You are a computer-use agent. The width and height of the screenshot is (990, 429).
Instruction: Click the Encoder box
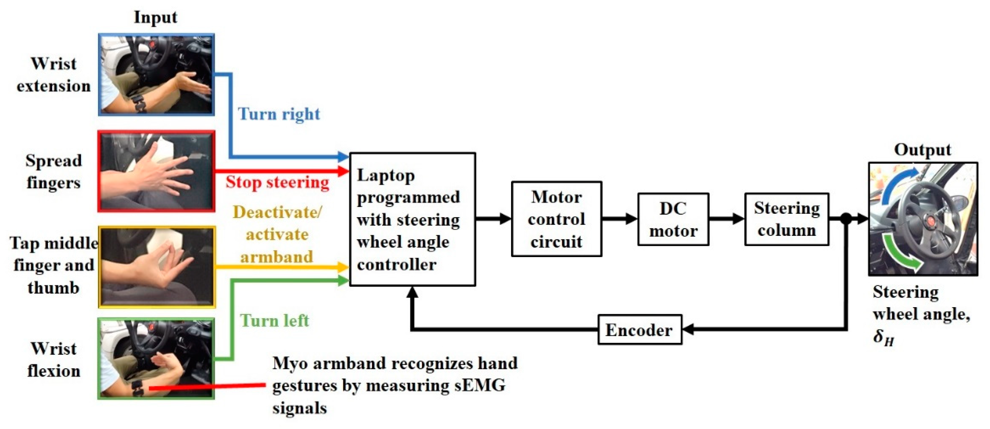tap(640, 330)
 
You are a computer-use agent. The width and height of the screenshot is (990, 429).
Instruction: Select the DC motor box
tap(673, 219)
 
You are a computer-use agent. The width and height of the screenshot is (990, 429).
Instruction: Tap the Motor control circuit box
tap(556, 219)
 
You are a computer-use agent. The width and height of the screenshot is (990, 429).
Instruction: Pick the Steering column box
tap(786, 219)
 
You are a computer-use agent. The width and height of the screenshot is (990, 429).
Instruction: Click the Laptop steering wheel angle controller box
tap(412, 219)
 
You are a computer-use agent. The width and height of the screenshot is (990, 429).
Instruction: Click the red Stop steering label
tap(277, 182)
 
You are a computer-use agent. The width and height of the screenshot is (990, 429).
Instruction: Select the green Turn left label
tap(274, 321)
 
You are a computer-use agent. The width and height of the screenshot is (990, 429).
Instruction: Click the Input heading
tap(155, 17)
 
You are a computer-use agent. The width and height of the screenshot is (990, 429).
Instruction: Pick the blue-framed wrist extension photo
tap(156, 75)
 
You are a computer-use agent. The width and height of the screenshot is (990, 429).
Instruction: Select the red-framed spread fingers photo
tap(156, 171)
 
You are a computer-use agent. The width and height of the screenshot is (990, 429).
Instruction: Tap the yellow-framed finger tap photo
tap(156, 267)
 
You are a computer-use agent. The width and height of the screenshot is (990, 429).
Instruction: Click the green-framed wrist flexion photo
tap(156, 359)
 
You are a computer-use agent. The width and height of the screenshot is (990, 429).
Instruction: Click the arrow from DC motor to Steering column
tap(726, 219)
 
